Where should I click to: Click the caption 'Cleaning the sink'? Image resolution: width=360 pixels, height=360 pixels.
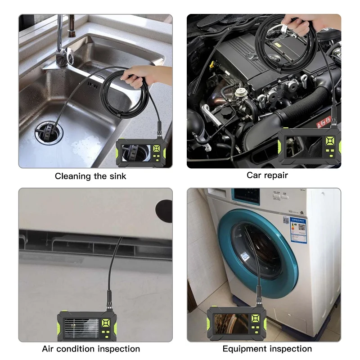click(90, 176)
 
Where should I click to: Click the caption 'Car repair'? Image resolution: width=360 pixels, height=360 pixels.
click(267, 175)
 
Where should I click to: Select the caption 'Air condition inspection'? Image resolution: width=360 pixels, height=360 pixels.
click(91, 349)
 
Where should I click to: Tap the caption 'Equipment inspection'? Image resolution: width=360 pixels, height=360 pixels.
click(267, 349)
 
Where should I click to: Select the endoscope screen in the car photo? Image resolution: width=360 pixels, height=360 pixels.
click(299, 148)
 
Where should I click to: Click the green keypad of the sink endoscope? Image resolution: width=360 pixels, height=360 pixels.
click(157, 152)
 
